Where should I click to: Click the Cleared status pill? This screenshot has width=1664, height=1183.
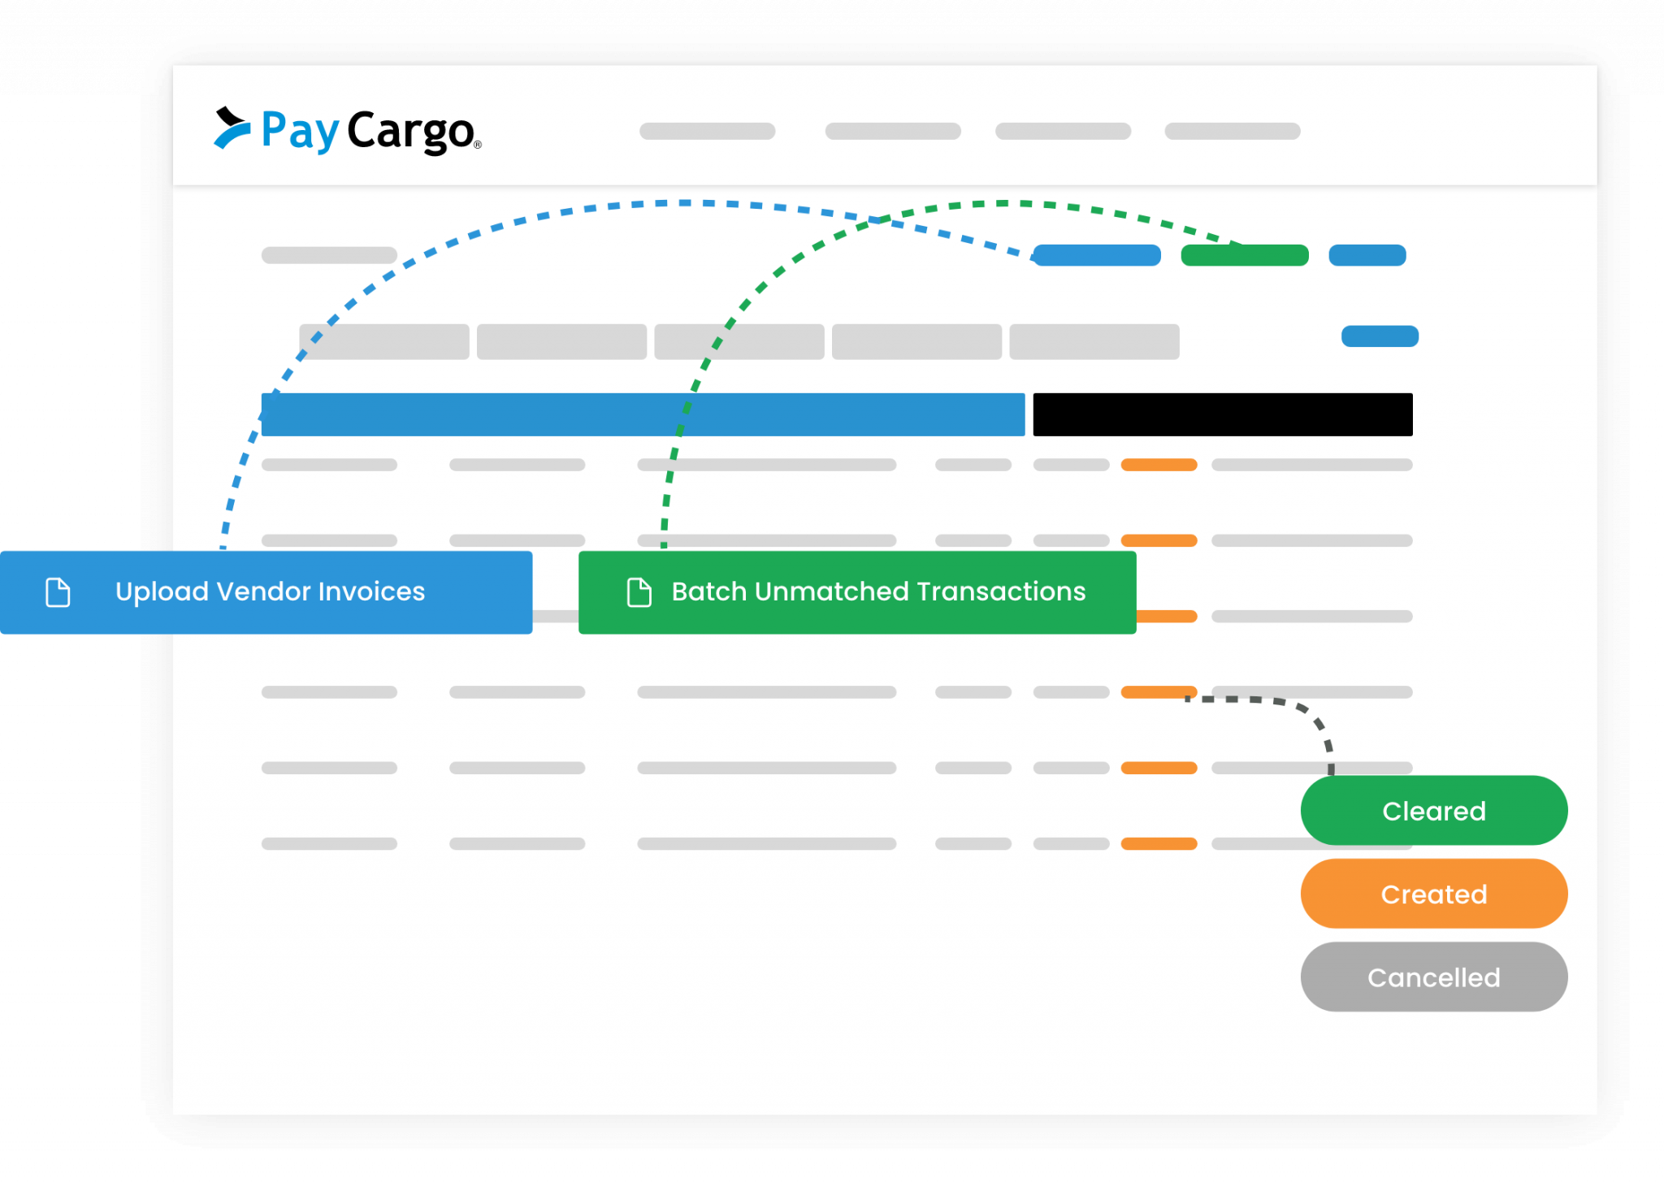click(x=1433, y=811)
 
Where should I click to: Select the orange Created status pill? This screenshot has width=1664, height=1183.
click(x=1433, y=894)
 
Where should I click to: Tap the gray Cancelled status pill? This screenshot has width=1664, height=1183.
click(x=1433, y=977)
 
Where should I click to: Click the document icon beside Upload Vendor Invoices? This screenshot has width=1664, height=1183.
click(x=58, y=592)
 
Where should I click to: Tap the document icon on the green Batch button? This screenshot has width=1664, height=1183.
click(x=639, y=592)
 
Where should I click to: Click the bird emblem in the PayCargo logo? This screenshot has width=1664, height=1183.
click(x=231, y=128)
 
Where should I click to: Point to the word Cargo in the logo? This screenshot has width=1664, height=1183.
click(x=410, y=132)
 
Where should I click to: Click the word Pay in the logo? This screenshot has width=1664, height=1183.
click(x=299, y=132)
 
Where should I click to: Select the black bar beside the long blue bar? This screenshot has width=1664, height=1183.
click(x=1222, y=414)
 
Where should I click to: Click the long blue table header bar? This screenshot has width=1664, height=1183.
click(x=643, y=414)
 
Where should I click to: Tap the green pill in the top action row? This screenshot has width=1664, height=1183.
click(x=1244, y=255)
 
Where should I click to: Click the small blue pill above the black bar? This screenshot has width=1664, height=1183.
click(x=1380, y=336)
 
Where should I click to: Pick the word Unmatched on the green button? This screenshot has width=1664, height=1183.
click(x=841, y=591)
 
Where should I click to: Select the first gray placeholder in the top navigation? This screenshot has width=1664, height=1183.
click(x=707, y=131)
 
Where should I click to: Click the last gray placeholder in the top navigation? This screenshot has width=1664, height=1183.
click(x=1232, y=131)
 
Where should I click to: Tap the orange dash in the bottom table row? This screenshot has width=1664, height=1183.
click(x=1159, y=843)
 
